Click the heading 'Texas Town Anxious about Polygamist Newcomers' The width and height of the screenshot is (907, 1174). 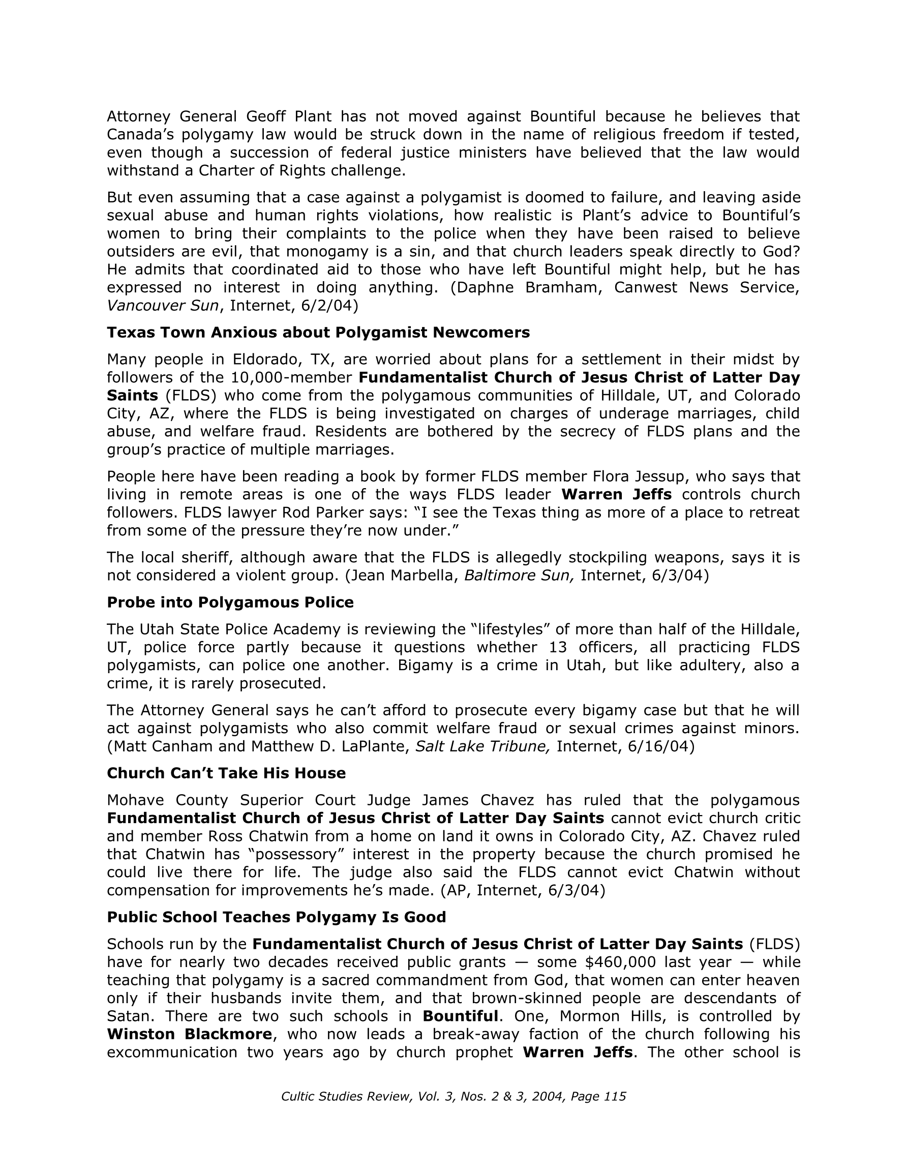[318, 333]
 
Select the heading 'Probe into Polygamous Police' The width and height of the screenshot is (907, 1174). [230, 603]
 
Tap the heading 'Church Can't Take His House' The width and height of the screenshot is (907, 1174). [226, 773]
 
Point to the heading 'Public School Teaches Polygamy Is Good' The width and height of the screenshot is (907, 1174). [277, 918]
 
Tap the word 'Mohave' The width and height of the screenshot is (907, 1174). [137, 800]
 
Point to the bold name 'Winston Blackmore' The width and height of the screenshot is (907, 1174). [189, 1034]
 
